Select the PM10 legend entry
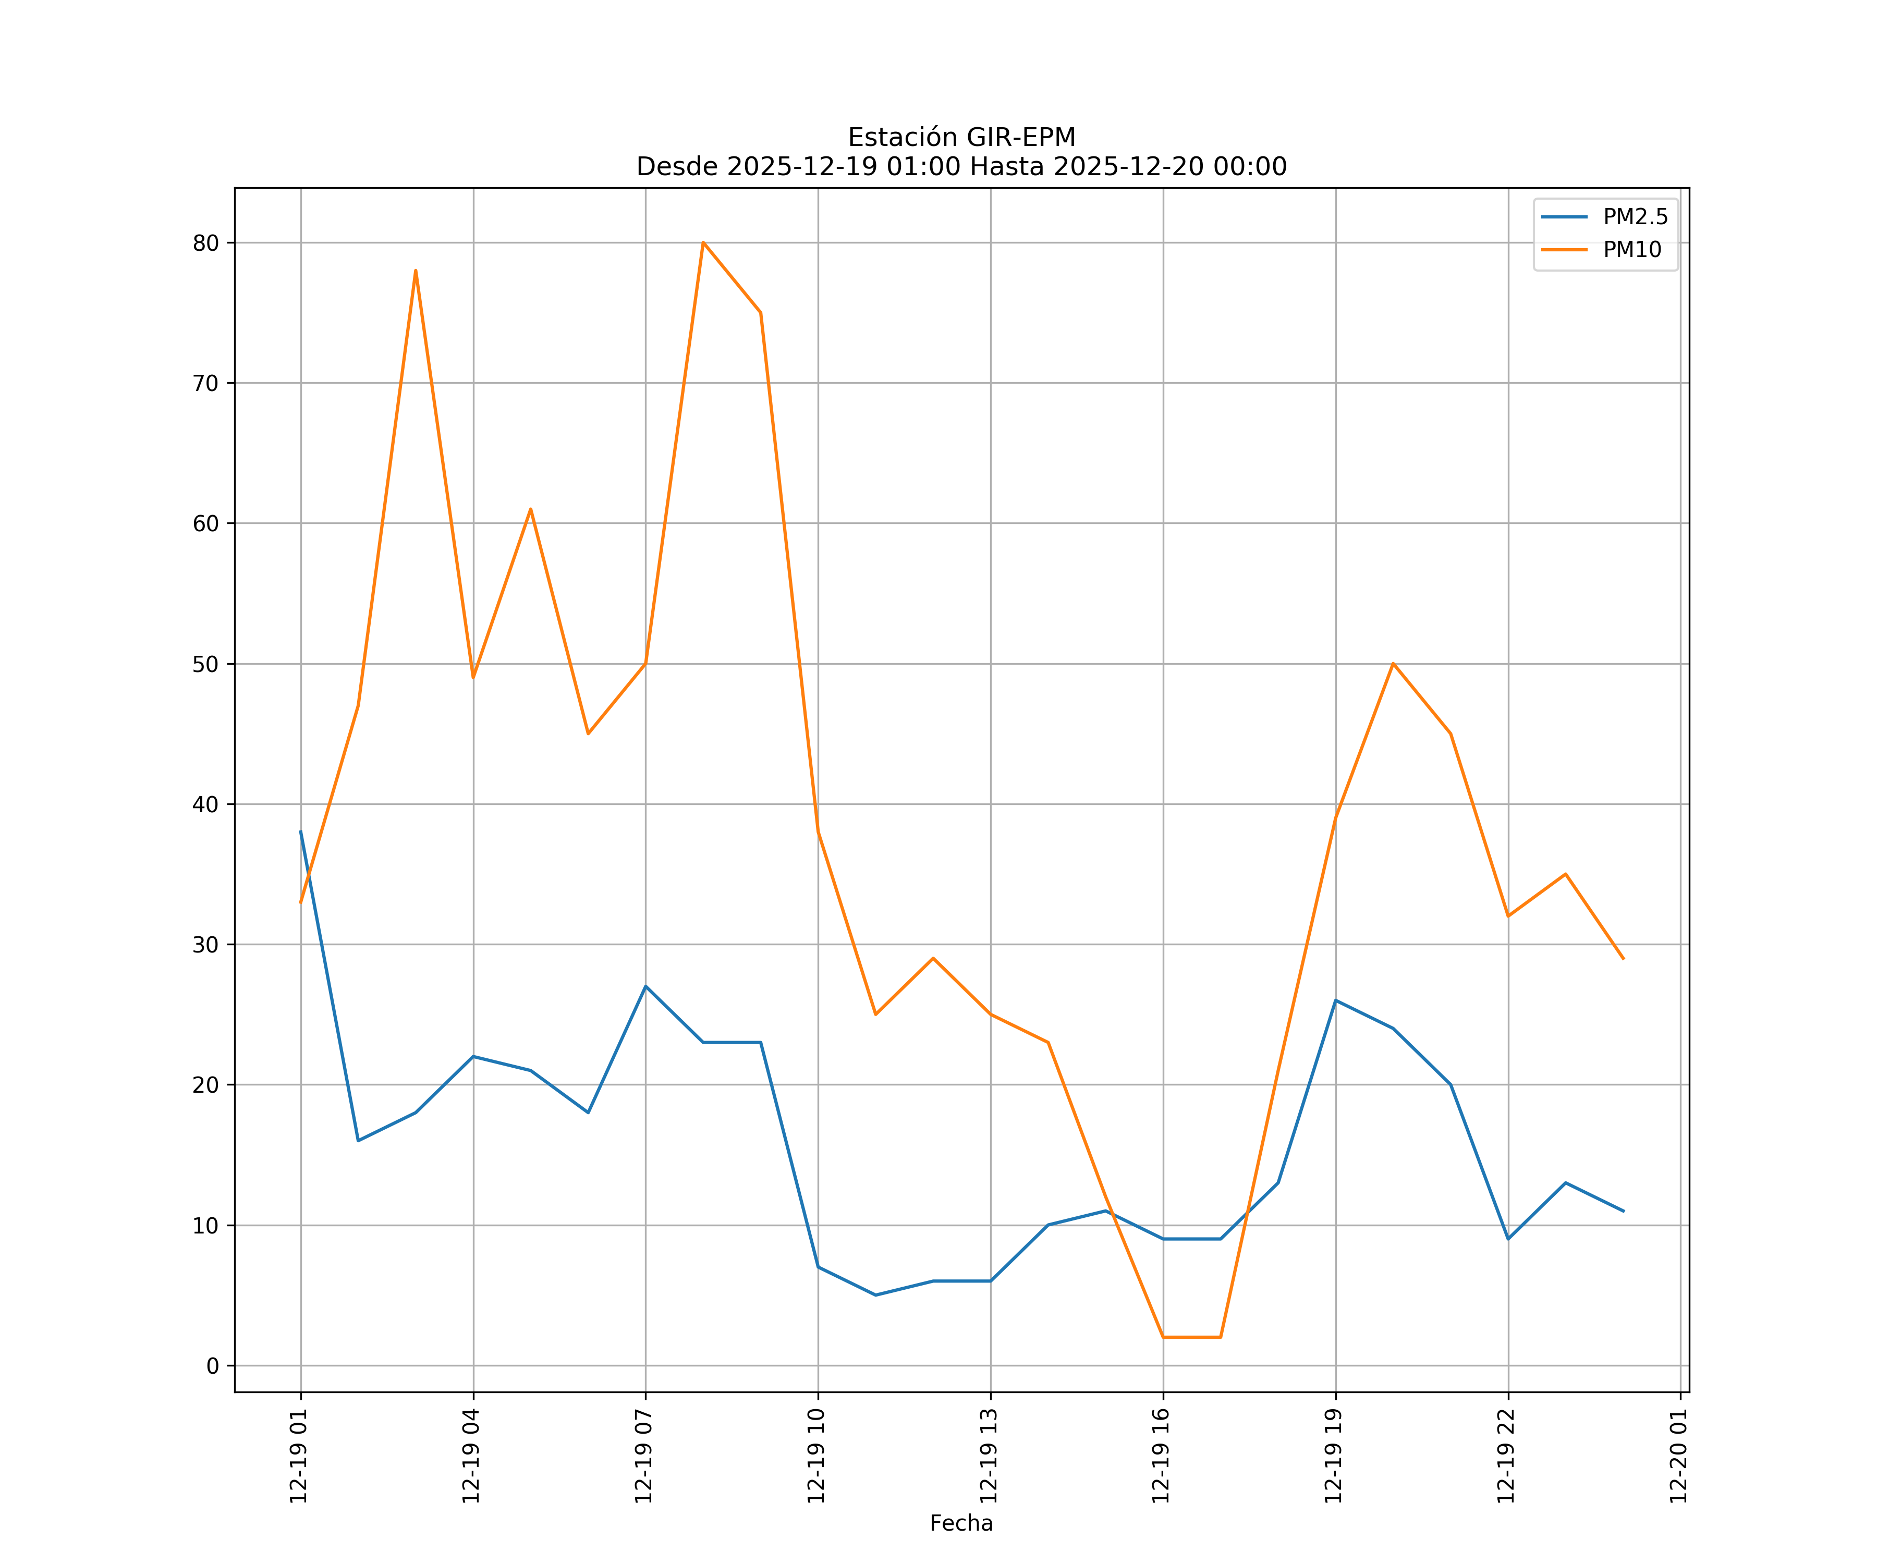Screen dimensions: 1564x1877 point(1632,250)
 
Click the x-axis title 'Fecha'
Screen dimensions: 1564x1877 point(961,1523)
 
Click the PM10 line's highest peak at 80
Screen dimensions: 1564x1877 point(703,242)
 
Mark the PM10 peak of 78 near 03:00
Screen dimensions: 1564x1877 point(416,270)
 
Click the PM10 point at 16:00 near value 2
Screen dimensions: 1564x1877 point(1163,1337)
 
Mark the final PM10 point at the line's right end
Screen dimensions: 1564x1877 point(1623,959)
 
